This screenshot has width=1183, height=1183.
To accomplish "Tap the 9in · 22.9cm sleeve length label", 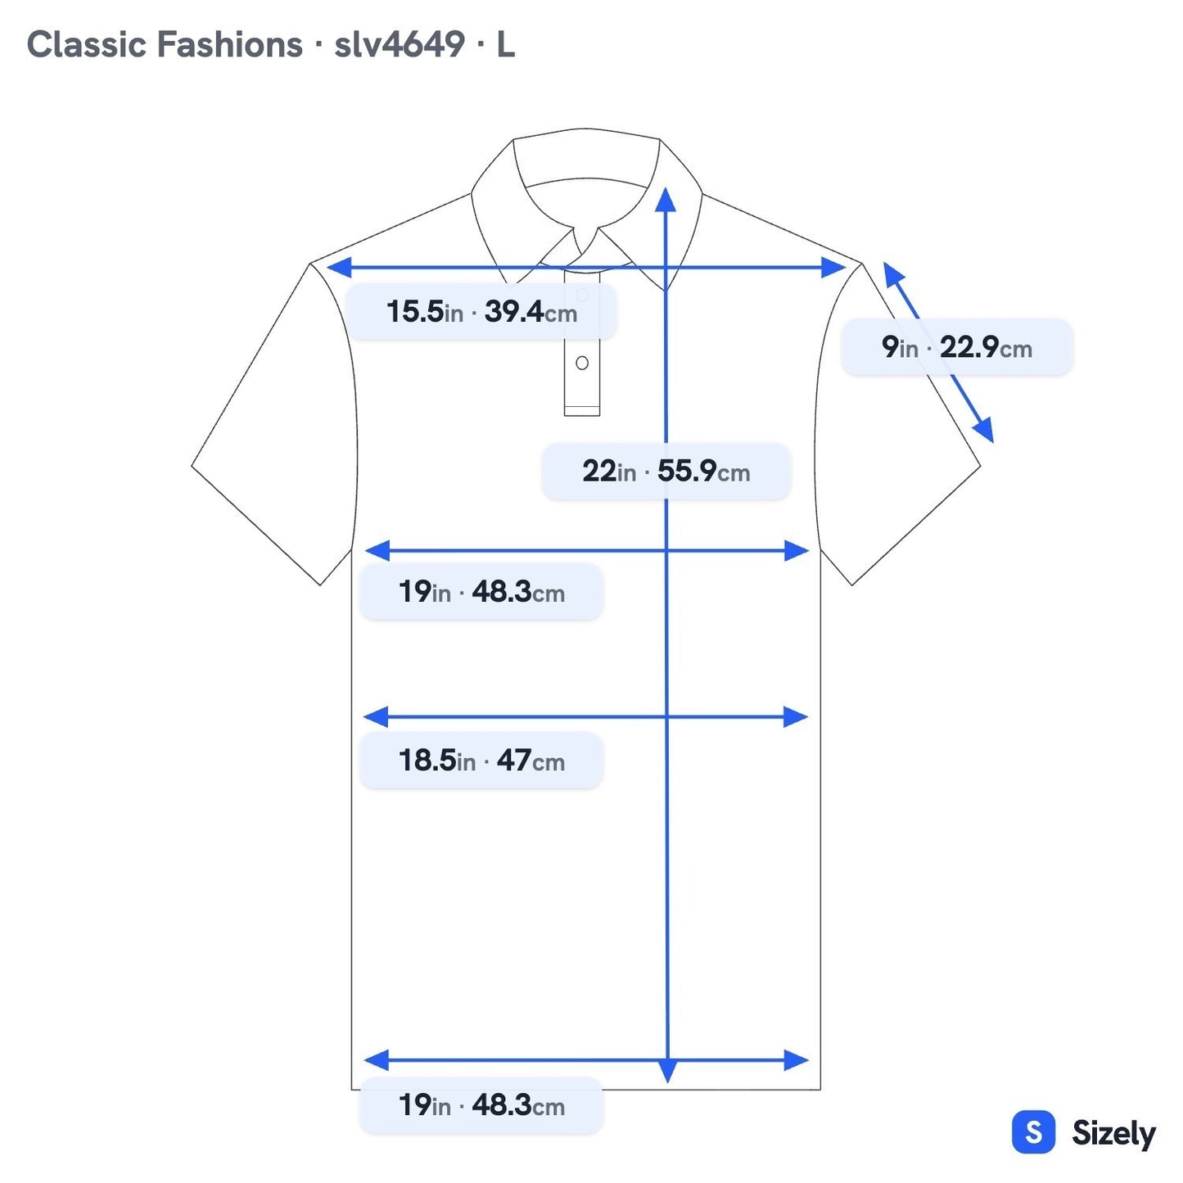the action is [956, 347].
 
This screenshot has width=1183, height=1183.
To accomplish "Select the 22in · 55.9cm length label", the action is [666, 471].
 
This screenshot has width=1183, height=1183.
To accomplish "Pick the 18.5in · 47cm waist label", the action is [481, 760].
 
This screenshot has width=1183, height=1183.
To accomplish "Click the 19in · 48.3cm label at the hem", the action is [481, 1105].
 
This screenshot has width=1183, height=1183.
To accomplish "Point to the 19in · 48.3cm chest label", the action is [481, 591].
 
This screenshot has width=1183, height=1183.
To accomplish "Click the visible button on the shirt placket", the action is [581, 363].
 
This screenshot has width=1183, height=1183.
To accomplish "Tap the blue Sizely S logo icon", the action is [1033, 1131].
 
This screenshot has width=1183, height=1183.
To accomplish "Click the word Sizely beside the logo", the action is [1113, 1133].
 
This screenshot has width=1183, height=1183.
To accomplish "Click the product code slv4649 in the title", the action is [399, 45].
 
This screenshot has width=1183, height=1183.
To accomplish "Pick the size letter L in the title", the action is [505, 45].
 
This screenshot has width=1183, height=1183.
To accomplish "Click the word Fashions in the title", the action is [229, 45].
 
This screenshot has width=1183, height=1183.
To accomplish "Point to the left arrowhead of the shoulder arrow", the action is [340, 267].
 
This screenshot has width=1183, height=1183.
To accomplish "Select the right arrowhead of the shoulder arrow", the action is [833, 267].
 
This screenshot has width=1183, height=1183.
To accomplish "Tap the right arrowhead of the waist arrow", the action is [795, 716].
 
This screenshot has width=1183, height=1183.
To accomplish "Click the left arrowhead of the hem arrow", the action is [377, 1059].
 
